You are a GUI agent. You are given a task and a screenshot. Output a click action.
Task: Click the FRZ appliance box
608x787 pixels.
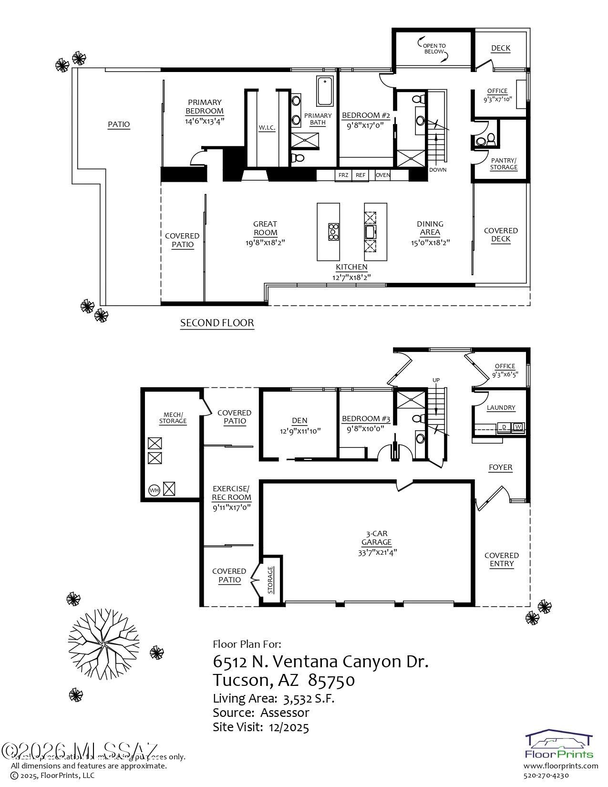point(343,175)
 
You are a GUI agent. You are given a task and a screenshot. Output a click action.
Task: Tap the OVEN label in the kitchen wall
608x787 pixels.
point(383,175)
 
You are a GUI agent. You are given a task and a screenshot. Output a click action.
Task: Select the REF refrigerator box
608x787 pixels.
point(361,175)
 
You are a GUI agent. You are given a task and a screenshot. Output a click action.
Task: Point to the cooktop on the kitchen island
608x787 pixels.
point(333,232)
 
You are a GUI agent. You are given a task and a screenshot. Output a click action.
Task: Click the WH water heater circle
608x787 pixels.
point(154,490)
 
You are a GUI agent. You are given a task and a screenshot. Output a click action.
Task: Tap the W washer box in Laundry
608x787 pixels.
point(517,426)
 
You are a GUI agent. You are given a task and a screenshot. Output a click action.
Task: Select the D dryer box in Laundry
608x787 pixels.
point(504,426)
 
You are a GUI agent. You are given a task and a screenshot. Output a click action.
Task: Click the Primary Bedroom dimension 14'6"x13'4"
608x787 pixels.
point(205,121)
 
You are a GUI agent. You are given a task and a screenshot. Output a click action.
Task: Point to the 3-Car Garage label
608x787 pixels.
point(377,538)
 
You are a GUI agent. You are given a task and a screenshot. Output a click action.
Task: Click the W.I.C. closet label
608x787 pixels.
point(267,128)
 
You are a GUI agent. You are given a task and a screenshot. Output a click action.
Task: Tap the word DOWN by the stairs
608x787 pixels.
point(438,170)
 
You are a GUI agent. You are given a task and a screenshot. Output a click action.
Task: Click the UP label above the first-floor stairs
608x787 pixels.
point(436,380)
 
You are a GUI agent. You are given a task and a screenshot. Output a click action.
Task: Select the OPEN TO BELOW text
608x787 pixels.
point(434,49)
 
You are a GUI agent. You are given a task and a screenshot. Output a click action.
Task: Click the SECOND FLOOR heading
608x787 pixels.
point(217,323)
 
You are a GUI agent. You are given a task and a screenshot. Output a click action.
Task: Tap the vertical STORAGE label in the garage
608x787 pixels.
point(270,580)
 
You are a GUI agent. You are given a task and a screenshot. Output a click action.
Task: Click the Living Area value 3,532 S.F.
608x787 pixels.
point(309,699)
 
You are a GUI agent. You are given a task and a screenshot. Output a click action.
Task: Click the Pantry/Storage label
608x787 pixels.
point(504,164)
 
